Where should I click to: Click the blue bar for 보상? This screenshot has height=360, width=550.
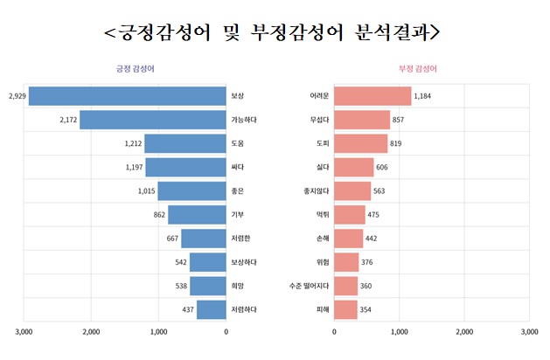click(x=127, y=95)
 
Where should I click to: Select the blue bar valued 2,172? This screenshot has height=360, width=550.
click(x=152, y=119)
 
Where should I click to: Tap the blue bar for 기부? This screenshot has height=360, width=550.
click(x=197, y=214)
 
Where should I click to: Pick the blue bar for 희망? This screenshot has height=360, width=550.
click(x=208, y=285)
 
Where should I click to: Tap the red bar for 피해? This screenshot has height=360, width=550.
click(x=345, y=309)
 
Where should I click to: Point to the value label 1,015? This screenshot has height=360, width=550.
click(x=145, y=190)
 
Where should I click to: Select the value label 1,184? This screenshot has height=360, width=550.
click(x=424, y=95)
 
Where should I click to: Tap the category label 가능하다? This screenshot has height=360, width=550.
click(x=244, y=119)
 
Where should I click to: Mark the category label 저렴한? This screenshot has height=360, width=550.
click(x=240, y=238)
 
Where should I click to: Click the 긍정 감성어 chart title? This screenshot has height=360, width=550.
click(x=136, y=68)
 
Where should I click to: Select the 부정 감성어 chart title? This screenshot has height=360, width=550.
click(x=418, y=68)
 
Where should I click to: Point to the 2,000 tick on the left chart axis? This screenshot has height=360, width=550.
click(x=92, y=332)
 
